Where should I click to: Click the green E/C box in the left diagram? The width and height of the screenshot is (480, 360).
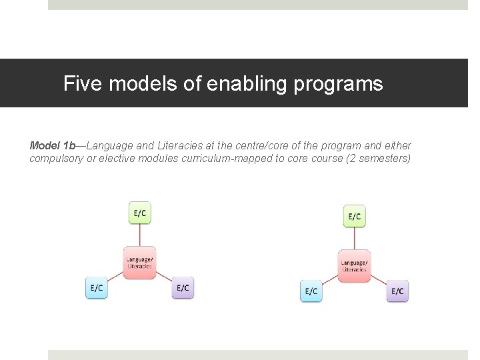(140, 213)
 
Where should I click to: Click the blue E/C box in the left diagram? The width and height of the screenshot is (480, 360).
(97, 288)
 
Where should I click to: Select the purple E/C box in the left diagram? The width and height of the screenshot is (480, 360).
(183, 288)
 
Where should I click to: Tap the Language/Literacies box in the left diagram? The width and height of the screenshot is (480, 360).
(140, 262)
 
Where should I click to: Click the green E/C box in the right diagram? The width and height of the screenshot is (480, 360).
(355, 216)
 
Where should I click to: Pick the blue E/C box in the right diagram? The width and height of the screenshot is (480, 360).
(311, 291)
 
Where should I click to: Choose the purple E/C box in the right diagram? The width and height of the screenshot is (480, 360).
(397, 291)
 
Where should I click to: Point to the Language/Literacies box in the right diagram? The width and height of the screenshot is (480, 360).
(354, 265)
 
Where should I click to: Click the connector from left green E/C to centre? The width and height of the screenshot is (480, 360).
(140, 235)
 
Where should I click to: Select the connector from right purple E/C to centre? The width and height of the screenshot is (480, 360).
(379, 281)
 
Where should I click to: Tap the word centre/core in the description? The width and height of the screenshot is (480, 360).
(252, 145)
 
